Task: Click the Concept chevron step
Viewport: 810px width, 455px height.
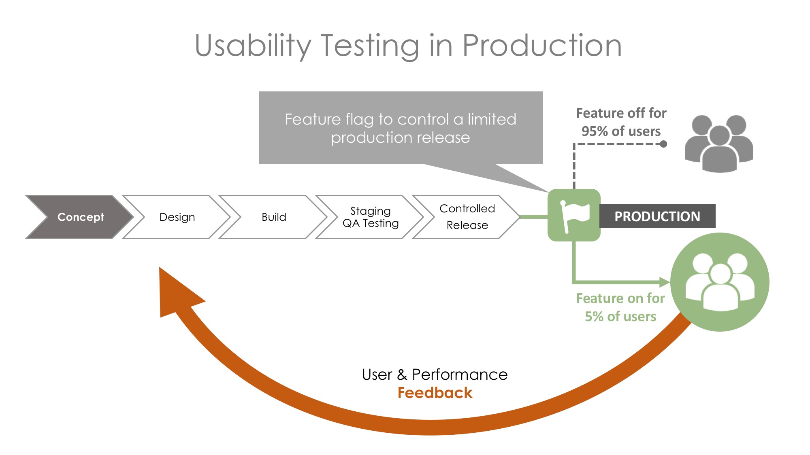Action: click(x=80, y=217)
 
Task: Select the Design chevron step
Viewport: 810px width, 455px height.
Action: click(x=177, y=217)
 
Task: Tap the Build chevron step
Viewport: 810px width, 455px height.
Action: click(x=274, y=217)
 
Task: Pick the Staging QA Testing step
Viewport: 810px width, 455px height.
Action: click(x=370, y=217)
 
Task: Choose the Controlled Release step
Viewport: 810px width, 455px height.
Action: click(x=467, y=217)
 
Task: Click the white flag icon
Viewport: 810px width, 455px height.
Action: click(x=574, y=216)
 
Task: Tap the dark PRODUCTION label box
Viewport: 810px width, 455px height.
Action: click(x=657, y=216)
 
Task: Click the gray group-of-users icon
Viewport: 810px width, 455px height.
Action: click(x=719, y=144)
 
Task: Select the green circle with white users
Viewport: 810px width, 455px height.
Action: click(x=720, y=282)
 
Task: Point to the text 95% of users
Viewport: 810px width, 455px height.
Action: click(x=621, y=131)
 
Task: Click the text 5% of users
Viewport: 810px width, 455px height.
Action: click(x=620, y=316)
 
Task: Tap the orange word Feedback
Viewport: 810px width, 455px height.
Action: click(x=435, y=393)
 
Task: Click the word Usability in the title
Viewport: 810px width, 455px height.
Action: click(x=253, y=45)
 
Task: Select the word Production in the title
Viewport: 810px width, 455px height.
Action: click(x=542, y=45)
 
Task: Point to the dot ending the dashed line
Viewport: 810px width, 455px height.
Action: click(x=663, y=144)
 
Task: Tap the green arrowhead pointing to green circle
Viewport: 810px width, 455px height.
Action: click(x=664, y=282)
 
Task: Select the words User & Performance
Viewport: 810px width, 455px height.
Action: click(x=435, y=375)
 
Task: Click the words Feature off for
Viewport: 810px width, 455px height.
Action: click(x=621, y=113)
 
